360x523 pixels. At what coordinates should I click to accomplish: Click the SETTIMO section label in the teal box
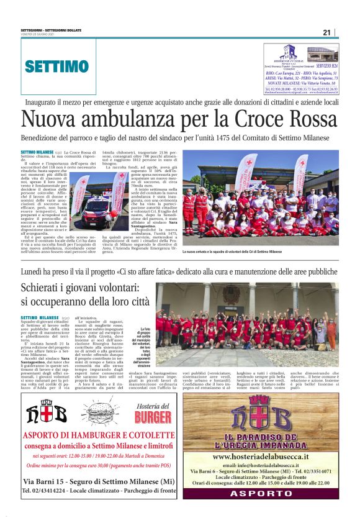[56, 66]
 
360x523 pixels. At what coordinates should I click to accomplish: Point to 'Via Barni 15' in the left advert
[42, 498]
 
